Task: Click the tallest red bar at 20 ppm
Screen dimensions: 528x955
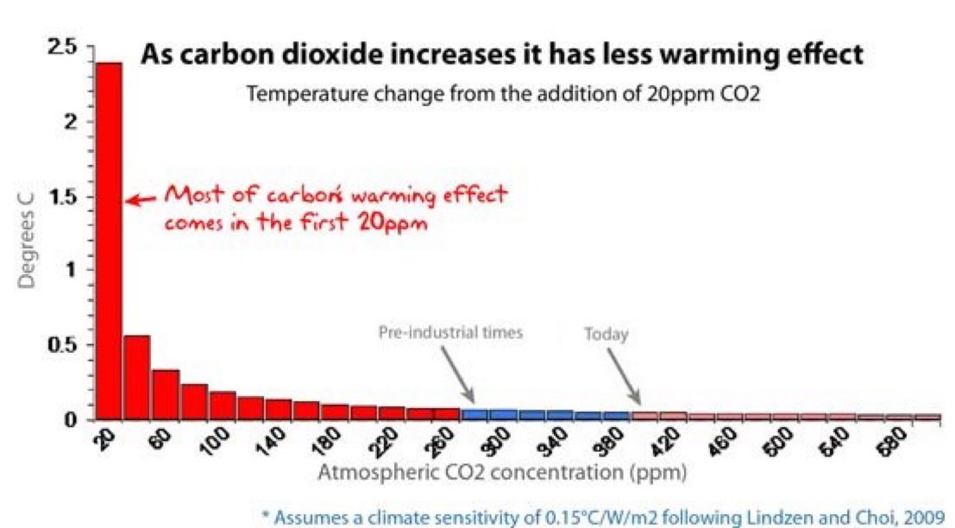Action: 108,242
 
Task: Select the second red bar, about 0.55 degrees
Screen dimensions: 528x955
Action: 136,377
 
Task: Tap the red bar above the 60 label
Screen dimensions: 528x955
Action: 165,394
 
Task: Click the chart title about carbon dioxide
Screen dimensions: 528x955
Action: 501,54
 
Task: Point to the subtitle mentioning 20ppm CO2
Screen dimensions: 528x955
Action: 505,93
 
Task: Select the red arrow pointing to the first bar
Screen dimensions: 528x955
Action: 141,198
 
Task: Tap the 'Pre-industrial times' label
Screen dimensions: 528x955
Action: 450,332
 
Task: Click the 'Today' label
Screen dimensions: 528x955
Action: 606,335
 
